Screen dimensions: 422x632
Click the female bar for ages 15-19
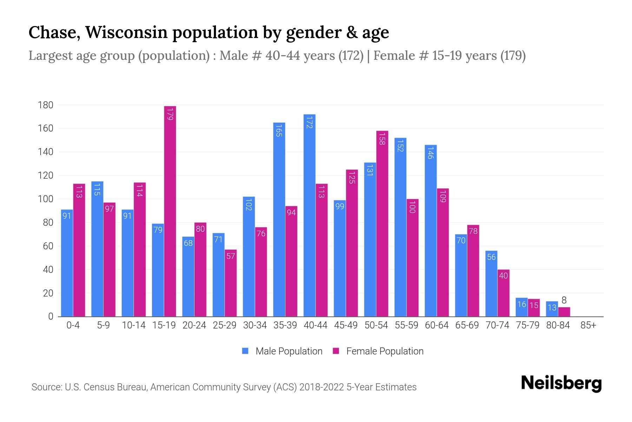click(x=170, y=211)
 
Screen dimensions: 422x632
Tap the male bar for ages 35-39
click(x=279, y=219)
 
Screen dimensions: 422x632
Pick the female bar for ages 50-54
click(x=382, y=224)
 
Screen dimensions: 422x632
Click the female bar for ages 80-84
click(x=564, y=312)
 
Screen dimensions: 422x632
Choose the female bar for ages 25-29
click(x=231, y=283)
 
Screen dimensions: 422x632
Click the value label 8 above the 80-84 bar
click(x=564, y=300)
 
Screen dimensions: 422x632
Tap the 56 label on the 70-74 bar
click(x=491, y=257)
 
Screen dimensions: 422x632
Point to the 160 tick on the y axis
click(x=46, y=128)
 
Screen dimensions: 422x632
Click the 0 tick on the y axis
click(x=51, y=316)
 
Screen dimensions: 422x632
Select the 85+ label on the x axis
click(x=588, y=325)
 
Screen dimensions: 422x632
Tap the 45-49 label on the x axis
click(x=346, y=325)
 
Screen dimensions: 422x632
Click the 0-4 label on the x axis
click(x=73, y=325)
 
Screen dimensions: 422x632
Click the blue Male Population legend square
click(x=245, y=351)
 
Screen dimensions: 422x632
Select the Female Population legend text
click(x=385, y=351)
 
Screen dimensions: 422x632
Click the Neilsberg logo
click(x=561, y=383)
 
